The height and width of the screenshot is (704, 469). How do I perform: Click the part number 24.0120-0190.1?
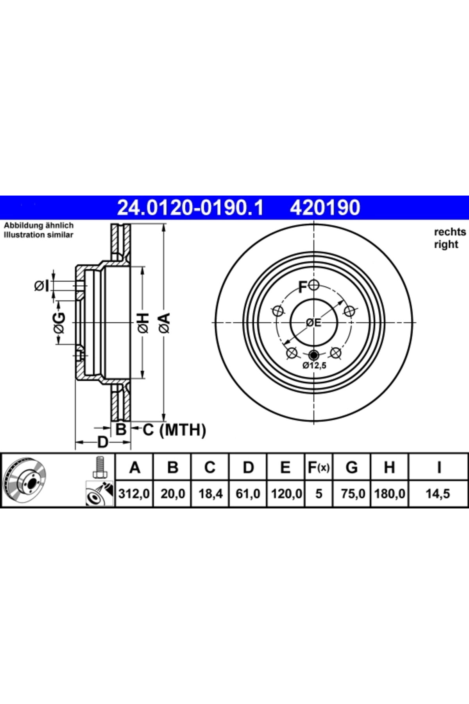click(x=191, y=208)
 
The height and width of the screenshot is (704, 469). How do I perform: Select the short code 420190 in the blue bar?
click(x=325, y=208)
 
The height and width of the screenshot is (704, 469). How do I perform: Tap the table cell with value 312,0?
click(x=134, y=494)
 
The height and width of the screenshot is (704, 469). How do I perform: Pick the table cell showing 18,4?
click(x=211, y=494)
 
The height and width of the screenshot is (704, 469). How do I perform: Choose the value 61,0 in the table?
click(x=248, y=494)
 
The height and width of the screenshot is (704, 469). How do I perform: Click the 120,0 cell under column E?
click(x=286, y=494)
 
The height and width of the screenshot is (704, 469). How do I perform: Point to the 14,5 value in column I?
click(x=438, y=494)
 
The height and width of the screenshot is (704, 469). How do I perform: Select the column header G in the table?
click(x=352, y=467)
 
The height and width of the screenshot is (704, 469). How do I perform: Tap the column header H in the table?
click(x=389, y=467)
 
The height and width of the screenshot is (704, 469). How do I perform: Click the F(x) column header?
click(x=319, y=467)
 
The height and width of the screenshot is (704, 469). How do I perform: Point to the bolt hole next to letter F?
click(x=314, y=286)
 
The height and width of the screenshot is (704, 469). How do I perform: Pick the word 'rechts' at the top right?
click(x=450, y=232)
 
